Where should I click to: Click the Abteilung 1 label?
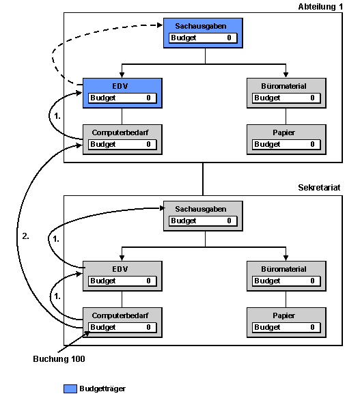320,7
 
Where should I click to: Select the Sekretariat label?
319,188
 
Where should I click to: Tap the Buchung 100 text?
59,359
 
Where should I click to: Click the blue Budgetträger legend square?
70,389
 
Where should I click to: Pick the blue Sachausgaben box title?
201,26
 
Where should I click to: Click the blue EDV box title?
120,86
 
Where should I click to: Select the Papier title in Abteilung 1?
283,132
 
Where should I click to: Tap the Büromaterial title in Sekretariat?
283,269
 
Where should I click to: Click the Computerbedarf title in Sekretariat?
120,315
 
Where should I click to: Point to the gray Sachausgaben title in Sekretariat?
201,209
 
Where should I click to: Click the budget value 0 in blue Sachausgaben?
229,38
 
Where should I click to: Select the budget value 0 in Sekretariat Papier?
312,327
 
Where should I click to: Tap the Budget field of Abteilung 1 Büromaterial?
286,98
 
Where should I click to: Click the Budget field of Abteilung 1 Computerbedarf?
122,145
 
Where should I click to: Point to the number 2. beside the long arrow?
25,236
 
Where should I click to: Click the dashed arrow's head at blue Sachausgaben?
160,25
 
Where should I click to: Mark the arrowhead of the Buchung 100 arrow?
87,334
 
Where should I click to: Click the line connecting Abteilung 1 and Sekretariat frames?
203,179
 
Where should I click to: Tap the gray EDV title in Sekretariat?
120,269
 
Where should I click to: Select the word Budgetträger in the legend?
102,389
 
